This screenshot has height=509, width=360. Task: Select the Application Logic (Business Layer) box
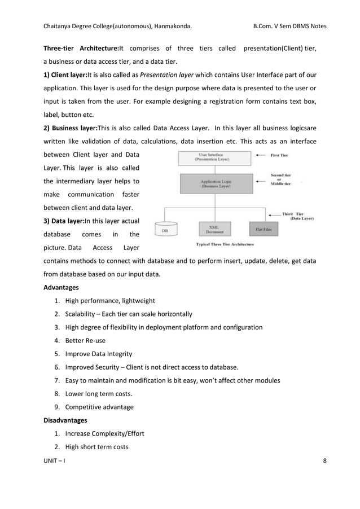tap(214, 183)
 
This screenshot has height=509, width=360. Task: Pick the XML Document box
tap(214, 228)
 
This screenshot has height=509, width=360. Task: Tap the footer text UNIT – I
tap(54, 461)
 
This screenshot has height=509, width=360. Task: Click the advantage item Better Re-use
tap(85, 341)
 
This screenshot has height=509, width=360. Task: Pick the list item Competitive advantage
tap(100, 407)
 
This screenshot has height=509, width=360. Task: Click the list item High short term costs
tap(96, 447)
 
